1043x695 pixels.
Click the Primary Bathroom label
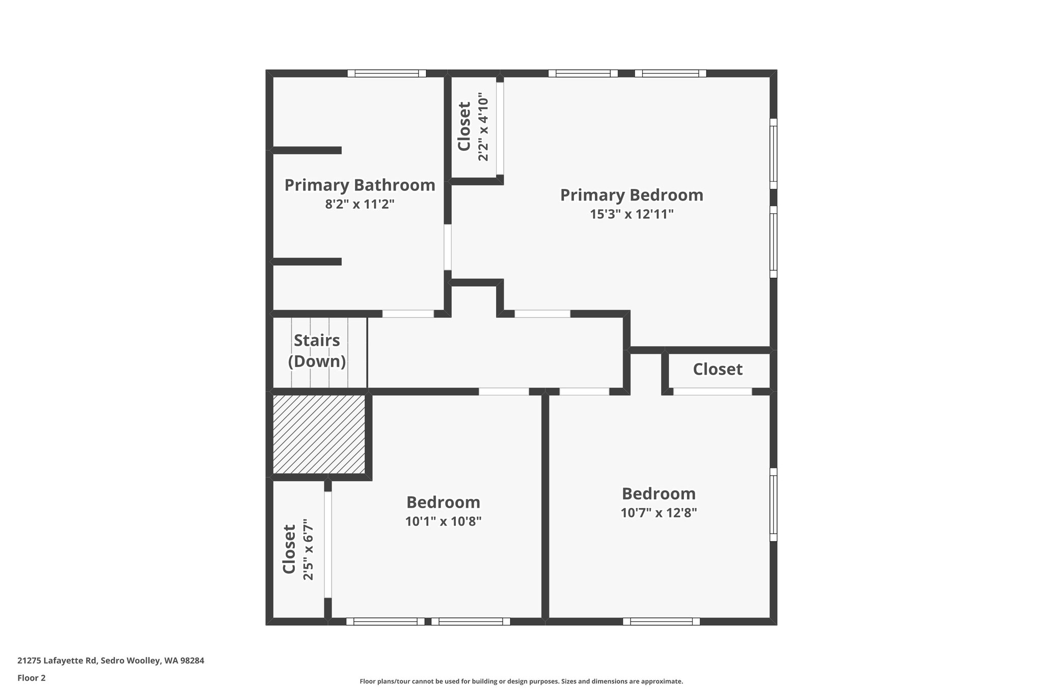[x=360, y=185]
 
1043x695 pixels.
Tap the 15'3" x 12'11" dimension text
[x=632, y=214]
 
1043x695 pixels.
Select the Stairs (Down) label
[x=317, y=351]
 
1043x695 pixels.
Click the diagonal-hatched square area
[x=319, y=434]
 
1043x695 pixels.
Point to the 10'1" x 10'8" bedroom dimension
[x=443, y=521]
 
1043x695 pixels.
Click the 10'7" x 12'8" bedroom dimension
[x=658, y=513]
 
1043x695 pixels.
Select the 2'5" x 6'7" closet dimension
[x=308, y=549]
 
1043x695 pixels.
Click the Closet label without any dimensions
[x=718, y=369]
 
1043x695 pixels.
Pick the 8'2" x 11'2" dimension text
[x=360, y=205]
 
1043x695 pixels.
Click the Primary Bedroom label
[x=632, y=195]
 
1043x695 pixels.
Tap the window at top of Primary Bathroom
[x=387, y=73]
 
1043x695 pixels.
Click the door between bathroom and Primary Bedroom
[x=447, y=247]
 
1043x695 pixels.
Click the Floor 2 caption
[x=32, y=678]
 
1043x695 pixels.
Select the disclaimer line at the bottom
[x=521, y=681]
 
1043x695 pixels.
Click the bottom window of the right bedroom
[x=661, y=621]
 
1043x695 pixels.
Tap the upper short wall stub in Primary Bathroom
[x=307, y=150]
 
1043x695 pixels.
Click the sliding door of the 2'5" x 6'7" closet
[x=328, y=544]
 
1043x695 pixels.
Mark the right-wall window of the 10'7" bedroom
[x=773, y=504]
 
